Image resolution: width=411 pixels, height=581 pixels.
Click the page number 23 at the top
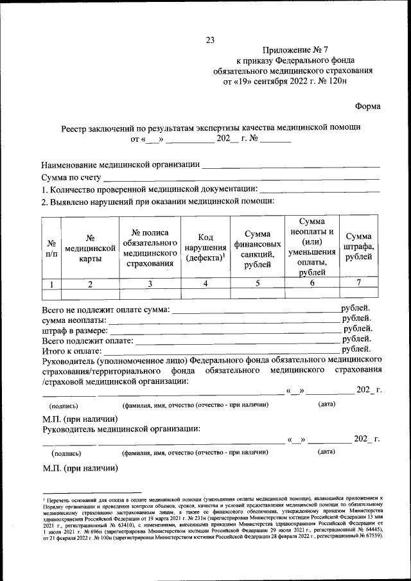[x=209, y=40]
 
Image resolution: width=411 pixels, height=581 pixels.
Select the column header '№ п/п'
[x=51, y=248]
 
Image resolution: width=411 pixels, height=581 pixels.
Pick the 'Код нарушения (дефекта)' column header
[x=204, y=248]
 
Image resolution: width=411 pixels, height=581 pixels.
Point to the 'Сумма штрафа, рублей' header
[x=358, y=247]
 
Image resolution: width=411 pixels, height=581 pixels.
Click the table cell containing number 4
[x=204, y=283]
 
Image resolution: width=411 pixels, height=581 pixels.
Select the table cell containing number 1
[x=51, y=283]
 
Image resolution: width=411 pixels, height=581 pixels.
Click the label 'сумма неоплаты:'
[x=76, y=320]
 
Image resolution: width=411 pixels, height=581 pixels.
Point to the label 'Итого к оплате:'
[x=72, y=351]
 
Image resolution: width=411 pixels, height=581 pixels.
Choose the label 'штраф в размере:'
[x=76, y=330]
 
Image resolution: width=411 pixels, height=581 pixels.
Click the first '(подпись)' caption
[x=64, y=405]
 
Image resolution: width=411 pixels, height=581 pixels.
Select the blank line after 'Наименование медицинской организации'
[x=290, y=166]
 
